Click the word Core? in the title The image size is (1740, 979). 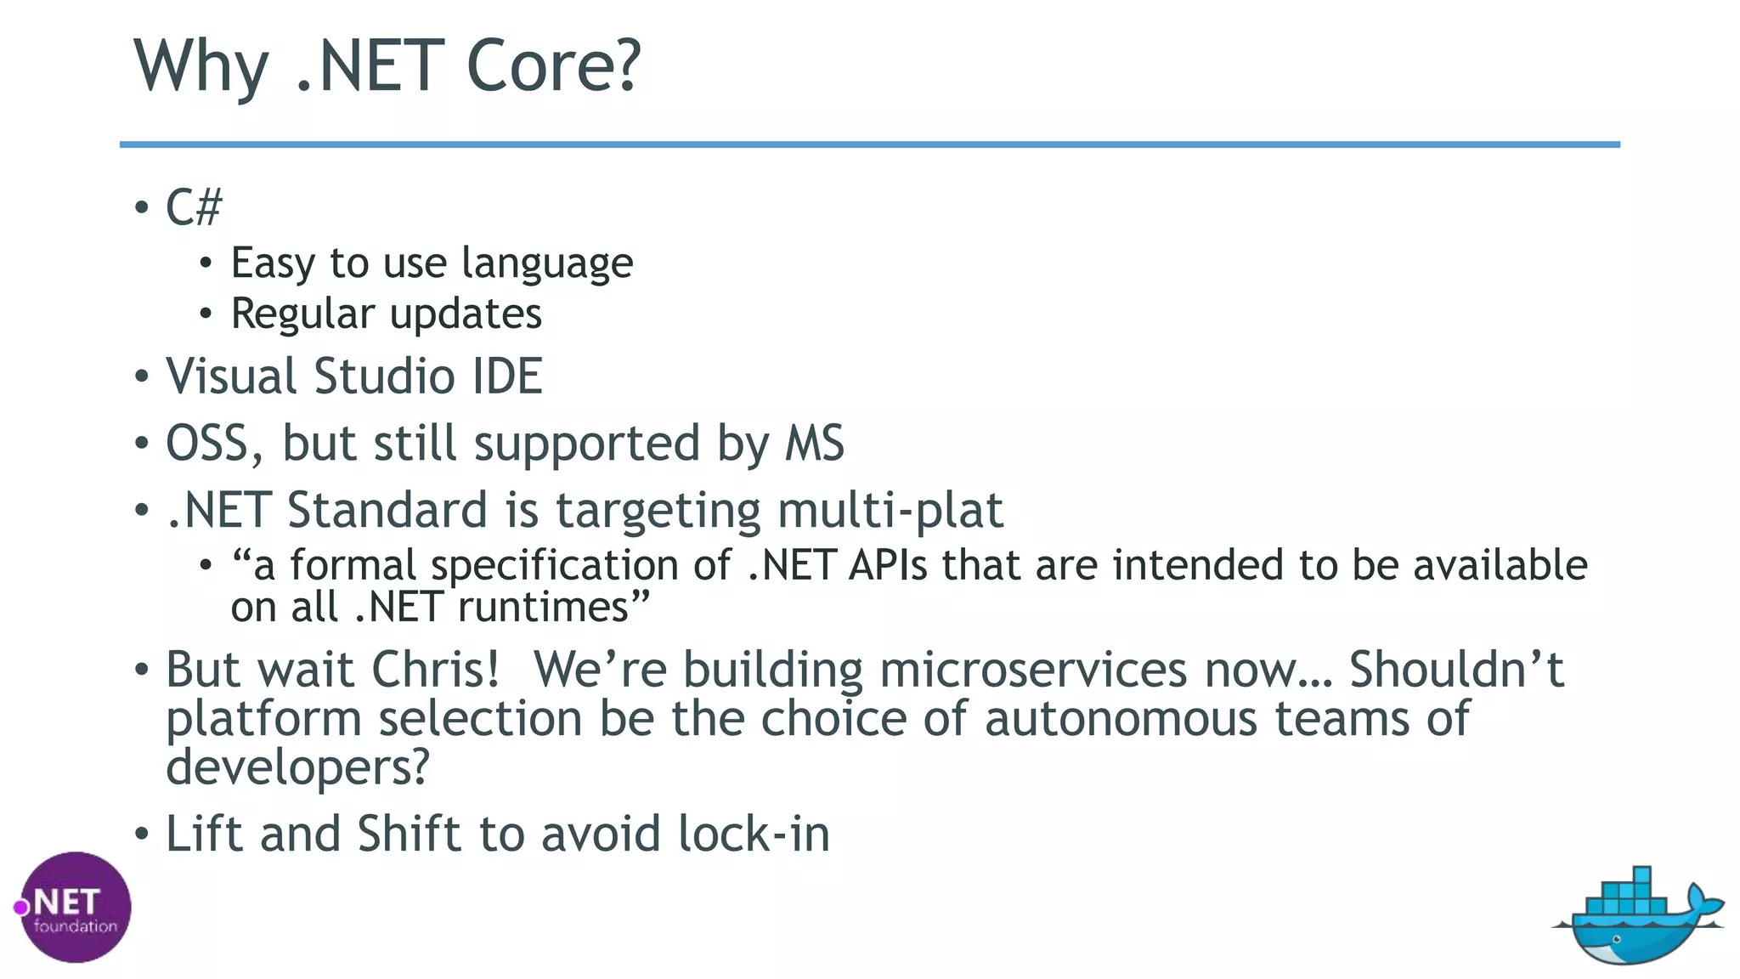553,66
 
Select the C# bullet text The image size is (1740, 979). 194,207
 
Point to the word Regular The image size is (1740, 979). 302,314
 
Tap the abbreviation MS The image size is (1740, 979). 814,444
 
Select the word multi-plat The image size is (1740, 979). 890,510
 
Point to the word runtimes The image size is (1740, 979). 553,608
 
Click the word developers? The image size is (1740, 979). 297,767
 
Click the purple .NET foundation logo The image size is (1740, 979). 74,908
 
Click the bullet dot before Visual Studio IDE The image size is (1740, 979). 142,376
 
